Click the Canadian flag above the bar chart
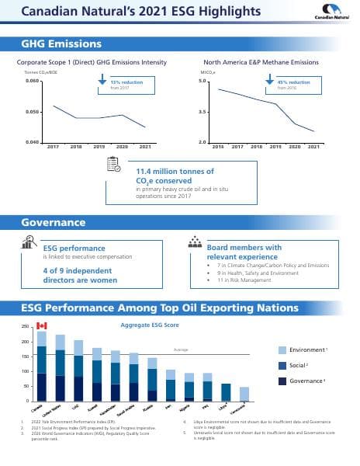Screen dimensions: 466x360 (x=42, y=325)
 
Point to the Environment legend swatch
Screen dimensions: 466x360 (x=284, y=350)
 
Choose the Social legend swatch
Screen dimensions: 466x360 (x=284, y=365)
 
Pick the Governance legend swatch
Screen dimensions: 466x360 (x=284, y=381)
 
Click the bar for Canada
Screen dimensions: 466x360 (x=42, y=366)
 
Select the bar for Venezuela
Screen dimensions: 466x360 (x=244, y=394)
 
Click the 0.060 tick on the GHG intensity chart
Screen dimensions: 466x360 (x=33, y=81)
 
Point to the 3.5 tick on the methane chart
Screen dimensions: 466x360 (x=202, y=112)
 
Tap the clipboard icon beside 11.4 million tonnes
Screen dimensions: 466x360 (x=113, y=166)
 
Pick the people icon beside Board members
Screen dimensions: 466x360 (x=195, y=244)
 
